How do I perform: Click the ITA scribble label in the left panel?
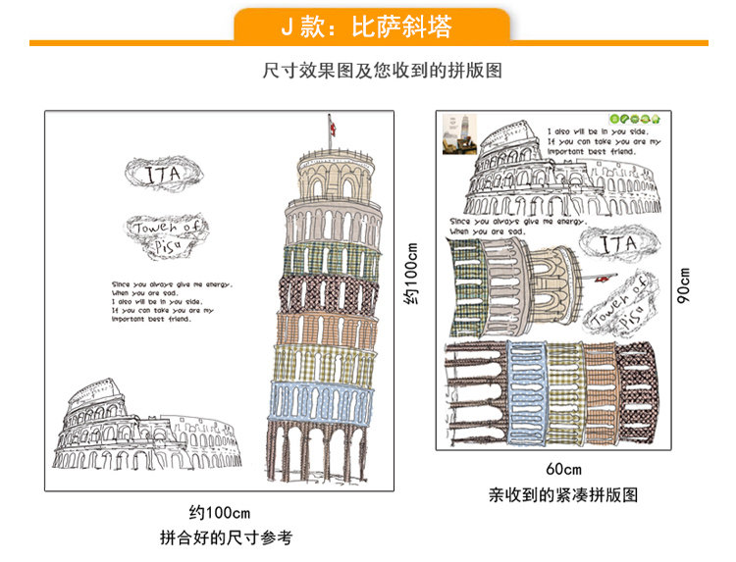click(163, 175)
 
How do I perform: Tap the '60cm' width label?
click(563, 468)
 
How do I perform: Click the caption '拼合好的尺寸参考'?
click(225, 537)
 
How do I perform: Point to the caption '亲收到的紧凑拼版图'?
click(563, 495)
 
